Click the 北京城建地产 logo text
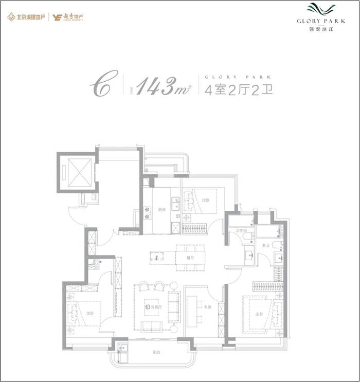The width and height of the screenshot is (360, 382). coord(31,17)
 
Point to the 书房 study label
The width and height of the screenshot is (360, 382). coord(207,307)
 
